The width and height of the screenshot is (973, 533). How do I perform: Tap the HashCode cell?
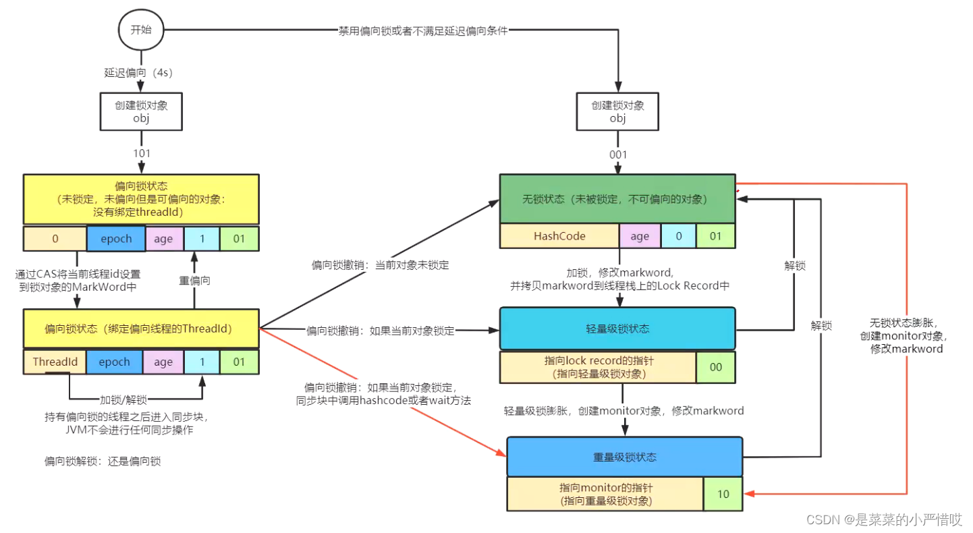tap(559, 236)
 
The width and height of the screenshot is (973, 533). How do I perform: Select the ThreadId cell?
tap(55, 362)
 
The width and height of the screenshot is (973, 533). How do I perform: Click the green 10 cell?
tap(723, 494)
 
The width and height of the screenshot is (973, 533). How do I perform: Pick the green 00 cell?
tap(716, 367)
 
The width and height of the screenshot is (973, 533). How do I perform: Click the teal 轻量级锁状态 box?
tap(617, 329)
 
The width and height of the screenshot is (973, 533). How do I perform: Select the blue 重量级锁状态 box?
tap(624, 457)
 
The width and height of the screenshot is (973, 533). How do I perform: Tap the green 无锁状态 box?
tap(617, 199)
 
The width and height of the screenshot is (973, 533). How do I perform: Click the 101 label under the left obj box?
tap(142, 153)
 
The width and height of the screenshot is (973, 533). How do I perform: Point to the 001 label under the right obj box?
tap(617, 155)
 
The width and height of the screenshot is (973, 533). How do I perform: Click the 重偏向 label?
tap(194, 280)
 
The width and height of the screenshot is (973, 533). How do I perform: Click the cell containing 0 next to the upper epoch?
tap(55, 238)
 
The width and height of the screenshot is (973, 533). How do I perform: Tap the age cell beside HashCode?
tap(640, 236)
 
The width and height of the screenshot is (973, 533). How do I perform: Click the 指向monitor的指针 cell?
tap(605, 494)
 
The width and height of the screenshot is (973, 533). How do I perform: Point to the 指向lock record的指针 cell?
tap(598, 367)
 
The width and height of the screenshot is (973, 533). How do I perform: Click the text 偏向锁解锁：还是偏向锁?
tap(103, 461)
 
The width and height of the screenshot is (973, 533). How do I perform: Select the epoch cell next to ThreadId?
tap(114, 362)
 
